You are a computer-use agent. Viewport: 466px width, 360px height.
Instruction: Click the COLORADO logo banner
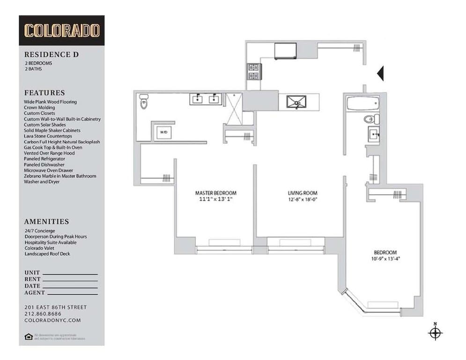[61, 30]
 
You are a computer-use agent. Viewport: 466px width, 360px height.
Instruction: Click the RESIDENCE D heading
[51, 54]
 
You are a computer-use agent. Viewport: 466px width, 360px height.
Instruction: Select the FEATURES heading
[44, 93]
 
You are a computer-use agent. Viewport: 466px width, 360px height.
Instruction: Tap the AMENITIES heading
[46, 222]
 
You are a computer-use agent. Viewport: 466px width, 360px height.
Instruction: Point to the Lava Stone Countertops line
[52, 136]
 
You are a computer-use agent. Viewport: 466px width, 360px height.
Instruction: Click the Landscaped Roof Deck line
[47, 254]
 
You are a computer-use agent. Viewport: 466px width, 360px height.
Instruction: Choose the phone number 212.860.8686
[42, 314]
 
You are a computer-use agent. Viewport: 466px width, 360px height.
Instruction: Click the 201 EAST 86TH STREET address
[55, 307]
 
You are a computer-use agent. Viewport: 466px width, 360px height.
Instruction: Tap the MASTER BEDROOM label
[215, 193]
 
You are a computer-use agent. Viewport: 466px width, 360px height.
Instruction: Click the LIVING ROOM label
[302, 193]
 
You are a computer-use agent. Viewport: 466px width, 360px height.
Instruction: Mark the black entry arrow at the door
[380, 73]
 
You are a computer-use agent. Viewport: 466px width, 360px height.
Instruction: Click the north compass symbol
[435, 333]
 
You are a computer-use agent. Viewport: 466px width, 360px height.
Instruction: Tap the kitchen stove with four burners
[253, 71]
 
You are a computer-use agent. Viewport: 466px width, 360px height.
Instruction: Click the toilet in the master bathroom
[144, 102]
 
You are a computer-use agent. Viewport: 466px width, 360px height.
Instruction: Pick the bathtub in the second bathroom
[362, 103]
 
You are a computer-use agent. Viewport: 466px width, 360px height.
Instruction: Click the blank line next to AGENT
[71, 294]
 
